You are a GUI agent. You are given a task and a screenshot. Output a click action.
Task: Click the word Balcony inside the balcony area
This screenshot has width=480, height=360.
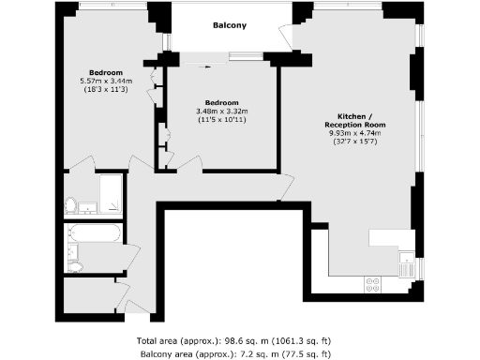pos(230,25)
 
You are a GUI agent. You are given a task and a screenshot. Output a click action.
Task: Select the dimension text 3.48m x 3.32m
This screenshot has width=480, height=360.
pos(222,112)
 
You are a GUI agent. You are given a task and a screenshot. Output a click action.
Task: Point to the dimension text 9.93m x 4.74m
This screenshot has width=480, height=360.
pos(355,133)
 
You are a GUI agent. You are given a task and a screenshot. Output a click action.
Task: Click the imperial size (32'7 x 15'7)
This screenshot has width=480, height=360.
pos(355,142)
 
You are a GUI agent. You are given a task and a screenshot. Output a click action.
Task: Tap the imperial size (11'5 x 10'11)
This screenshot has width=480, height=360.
pos(222,121)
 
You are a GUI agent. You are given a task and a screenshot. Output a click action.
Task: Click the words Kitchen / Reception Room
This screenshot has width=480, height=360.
pos(355,120)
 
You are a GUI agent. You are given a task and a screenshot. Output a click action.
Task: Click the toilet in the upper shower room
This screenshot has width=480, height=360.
pos(70,204)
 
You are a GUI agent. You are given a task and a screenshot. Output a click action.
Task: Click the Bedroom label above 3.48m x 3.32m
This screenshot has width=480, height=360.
pos(222,102)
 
